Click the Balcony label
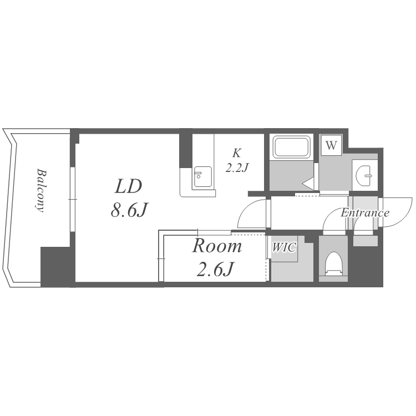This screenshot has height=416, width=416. (x=41, y=190)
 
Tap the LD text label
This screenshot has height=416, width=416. (x=129, y=186)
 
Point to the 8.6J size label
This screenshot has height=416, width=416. (x=129, y=210)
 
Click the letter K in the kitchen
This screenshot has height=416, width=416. (x=237, y=153)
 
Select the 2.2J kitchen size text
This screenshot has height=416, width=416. (x=237, y=168)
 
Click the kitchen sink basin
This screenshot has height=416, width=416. (x=203, y=176)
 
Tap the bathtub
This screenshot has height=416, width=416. (x=292, y=147)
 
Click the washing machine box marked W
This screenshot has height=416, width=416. (x=331, y=145)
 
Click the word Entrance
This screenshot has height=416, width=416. (x=365, y=212)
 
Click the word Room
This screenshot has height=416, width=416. (x=217, y=246)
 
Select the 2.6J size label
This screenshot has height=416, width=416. (x=214, y=269)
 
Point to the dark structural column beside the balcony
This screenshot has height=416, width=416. (x=55, y=267)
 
